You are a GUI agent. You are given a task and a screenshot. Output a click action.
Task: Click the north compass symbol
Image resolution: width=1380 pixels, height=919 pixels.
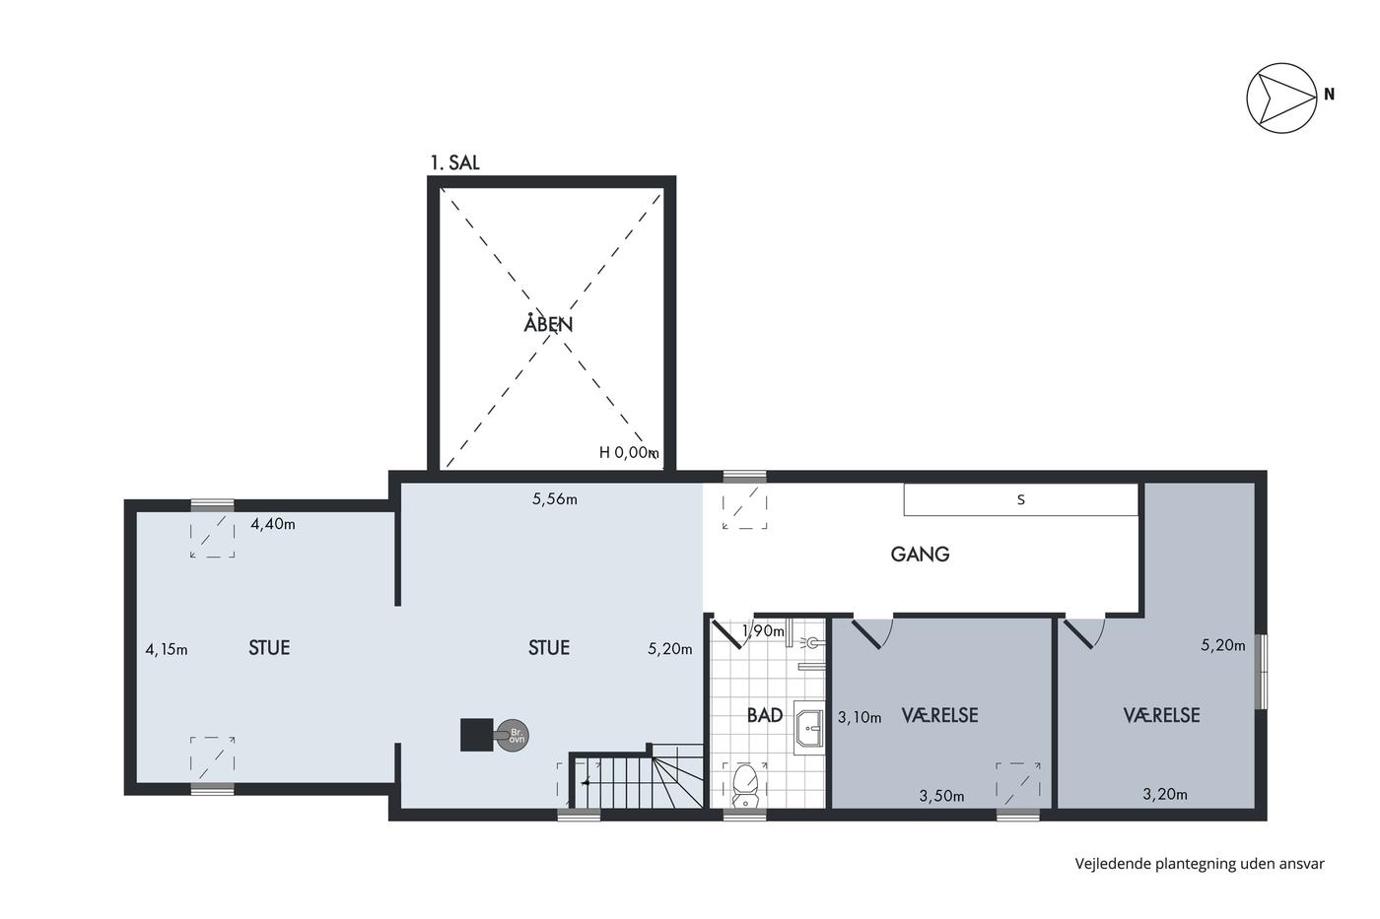click(x=1281, y=98)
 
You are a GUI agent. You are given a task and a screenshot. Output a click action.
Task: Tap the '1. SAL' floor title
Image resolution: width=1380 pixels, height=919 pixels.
click(x=454, y=163)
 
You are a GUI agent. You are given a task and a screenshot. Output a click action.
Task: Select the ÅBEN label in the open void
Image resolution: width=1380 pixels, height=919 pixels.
click(x=548, y=323)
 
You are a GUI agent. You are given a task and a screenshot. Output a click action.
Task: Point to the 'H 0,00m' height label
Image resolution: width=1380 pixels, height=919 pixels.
click(x=629, y=452)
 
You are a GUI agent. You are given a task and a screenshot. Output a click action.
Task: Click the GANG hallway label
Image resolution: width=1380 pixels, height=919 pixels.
click(x=920, y=554)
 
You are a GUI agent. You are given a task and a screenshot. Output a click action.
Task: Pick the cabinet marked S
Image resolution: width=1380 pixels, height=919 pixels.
click(x=1020, y=499)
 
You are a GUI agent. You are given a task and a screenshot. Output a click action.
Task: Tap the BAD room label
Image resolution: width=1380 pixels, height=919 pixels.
click(x=765, y=715)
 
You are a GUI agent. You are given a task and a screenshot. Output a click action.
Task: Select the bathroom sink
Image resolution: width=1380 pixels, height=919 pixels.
click(x=808, y=728)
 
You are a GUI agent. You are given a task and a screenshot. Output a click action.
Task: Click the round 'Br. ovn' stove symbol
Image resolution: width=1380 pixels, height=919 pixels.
click(x=513, y=735)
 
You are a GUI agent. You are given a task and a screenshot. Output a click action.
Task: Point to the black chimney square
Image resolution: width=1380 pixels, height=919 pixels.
click(x=477, y=735)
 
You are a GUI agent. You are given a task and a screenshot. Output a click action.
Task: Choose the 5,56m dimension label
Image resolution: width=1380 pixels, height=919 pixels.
click(x=554, y=499)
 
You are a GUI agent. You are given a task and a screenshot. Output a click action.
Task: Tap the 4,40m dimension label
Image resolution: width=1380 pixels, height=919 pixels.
click(x=273, y=524)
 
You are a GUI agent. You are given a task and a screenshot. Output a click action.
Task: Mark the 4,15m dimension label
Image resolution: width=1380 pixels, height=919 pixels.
click(x=167, y=649)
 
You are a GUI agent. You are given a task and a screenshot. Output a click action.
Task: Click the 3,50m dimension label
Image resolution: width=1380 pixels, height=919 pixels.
click(x=942, y=796)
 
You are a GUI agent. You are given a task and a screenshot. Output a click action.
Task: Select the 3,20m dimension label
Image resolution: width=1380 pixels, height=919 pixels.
click(x=1165, y=794)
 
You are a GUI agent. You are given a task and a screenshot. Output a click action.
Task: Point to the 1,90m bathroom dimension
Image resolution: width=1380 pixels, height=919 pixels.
click(x=763, y=631)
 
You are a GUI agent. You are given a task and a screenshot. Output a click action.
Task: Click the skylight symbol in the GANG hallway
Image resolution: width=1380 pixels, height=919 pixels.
click(x=745, y=506)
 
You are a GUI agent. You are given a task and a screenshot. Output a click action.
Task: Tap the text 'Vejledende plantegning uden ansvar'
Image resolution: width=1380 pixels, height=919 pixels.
click(x=1200, y=864)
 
